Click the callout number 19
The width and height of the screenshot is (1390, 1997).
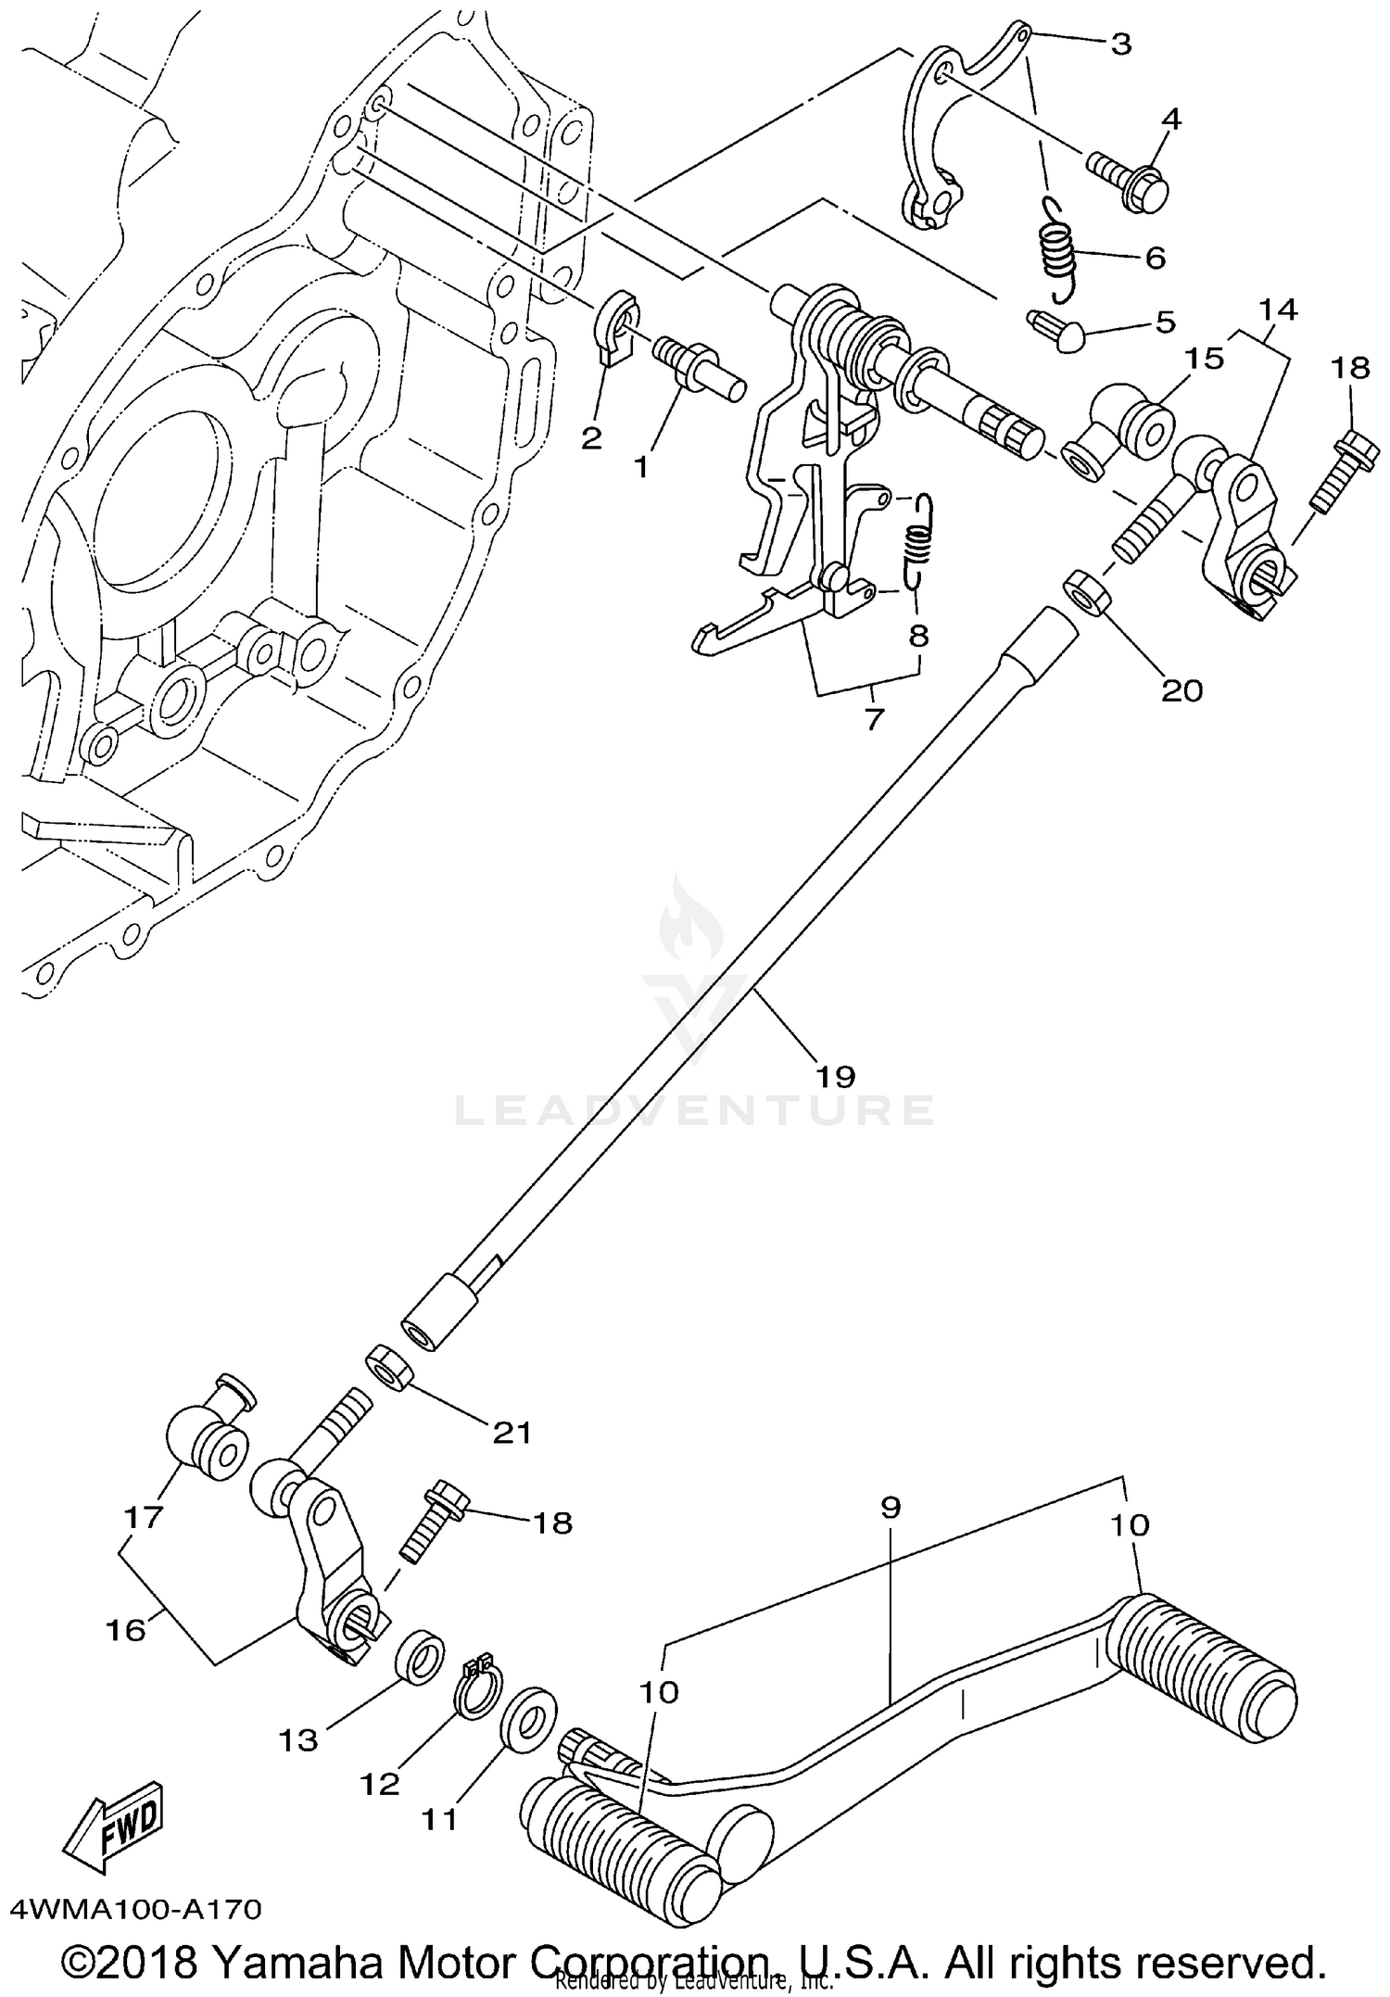pos(834,1076)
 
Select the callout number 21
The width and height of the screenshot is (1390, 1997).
pos(512,1433)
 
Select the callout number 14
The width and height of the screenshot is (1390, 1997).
pos(1278,310)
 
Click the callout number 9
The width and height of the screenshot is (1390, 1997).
pos(889,1507)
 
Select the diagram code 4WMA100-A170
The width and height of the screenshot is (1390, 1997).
pos(135,1909)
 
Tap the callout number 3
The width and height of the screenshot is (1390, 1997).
pos(1120,44)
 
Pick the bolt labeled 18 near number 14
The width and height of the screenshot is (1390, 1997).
pos(1334,473)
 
